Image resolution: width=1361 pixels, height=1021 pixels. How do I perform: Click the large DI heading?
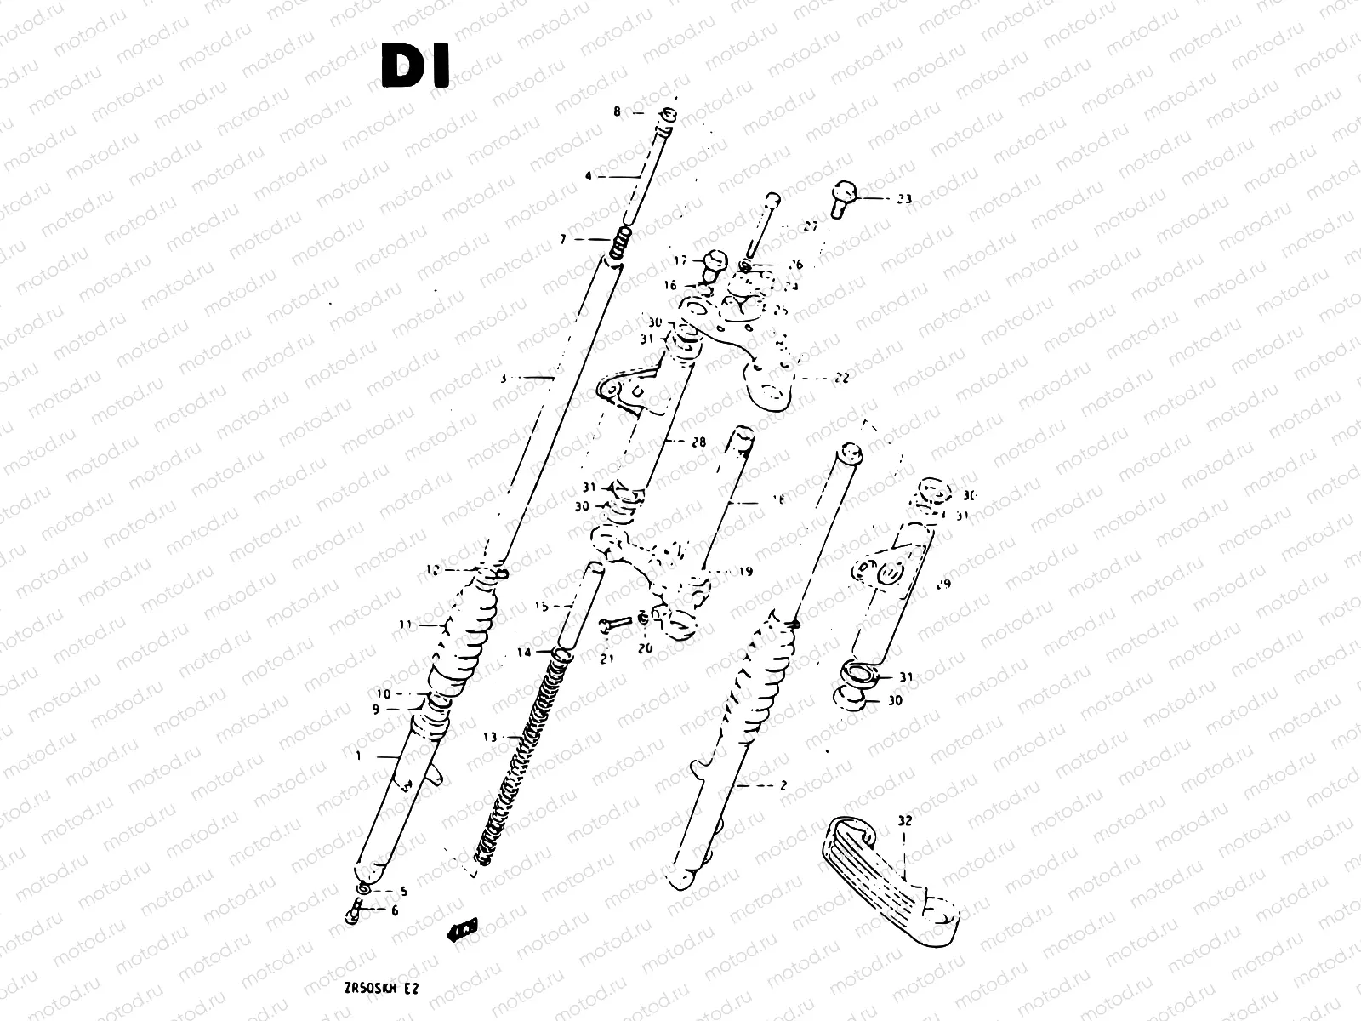[x=415, y=67]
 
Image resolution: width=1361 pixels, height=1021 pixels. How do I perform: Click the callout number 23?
[x=903, y=199]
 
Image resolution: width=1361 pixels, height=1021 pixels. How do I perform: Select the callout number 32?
[x=903, y=822]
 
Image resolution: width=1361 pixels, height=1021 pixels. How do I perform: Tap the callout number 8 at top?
[x=618, y=111]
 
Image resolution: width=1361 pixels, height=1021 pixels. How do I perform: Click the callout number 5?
[x=403, y=892]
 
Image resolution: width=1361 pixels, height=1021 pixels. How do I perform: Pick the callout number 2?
[x=783, y=786]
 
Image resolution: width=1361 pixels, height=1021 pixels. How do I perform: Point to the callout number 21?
[x=606, y=659]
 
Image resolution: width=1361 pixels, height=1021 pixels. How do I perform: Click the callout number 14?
[x=522, y=653]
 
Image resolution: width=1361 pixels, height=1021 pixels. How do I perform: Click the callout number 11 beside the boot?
[x=406, y=625]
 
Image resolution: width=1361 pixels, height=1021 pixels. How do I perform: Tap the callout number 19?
[x=745, y=572]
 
